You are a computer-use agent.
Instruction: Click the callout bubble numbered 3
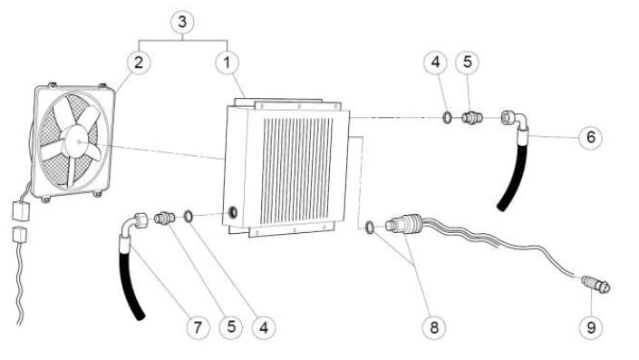pos(182,22)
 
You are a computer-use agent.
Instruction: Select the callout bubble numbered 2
pos(139,63)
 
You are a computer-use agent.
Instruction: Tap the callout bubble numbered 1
pos(227,63)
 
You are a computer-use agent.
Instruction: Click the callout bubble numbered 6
pos(590,137)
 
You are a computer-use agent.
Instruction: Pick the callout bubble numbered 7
pos(198,327)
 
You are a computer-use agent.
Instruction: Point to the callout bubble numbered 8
pos(433,327)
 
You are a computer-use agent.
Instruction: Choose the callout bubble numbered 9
pos(591,327)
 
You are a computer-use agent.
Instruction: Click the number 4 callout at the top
pos(436,63)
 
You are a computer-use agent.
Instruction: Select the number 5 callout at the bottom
pos(231,327)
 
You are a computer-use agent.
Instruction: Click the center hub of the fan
pos(77,141)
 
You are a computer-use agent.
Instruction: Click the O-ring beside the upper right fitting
pos(447,118)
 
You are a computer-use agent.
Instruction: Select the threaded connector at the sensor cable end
pos(595,284)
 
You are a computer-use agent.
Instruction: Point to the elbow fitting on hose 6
pos(515,121)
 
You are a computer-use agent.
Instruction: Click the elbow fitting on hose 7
pos(134,223)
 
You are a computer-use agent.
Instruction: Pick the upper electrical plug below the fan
pos(20,210)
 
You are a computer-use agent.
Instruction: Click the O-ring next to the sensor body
pos(369,228)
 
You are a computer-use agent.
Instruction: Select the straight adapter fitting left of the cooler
pos(165,218)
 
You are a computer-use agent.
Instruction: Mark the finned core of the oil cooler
pos(296,170)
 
